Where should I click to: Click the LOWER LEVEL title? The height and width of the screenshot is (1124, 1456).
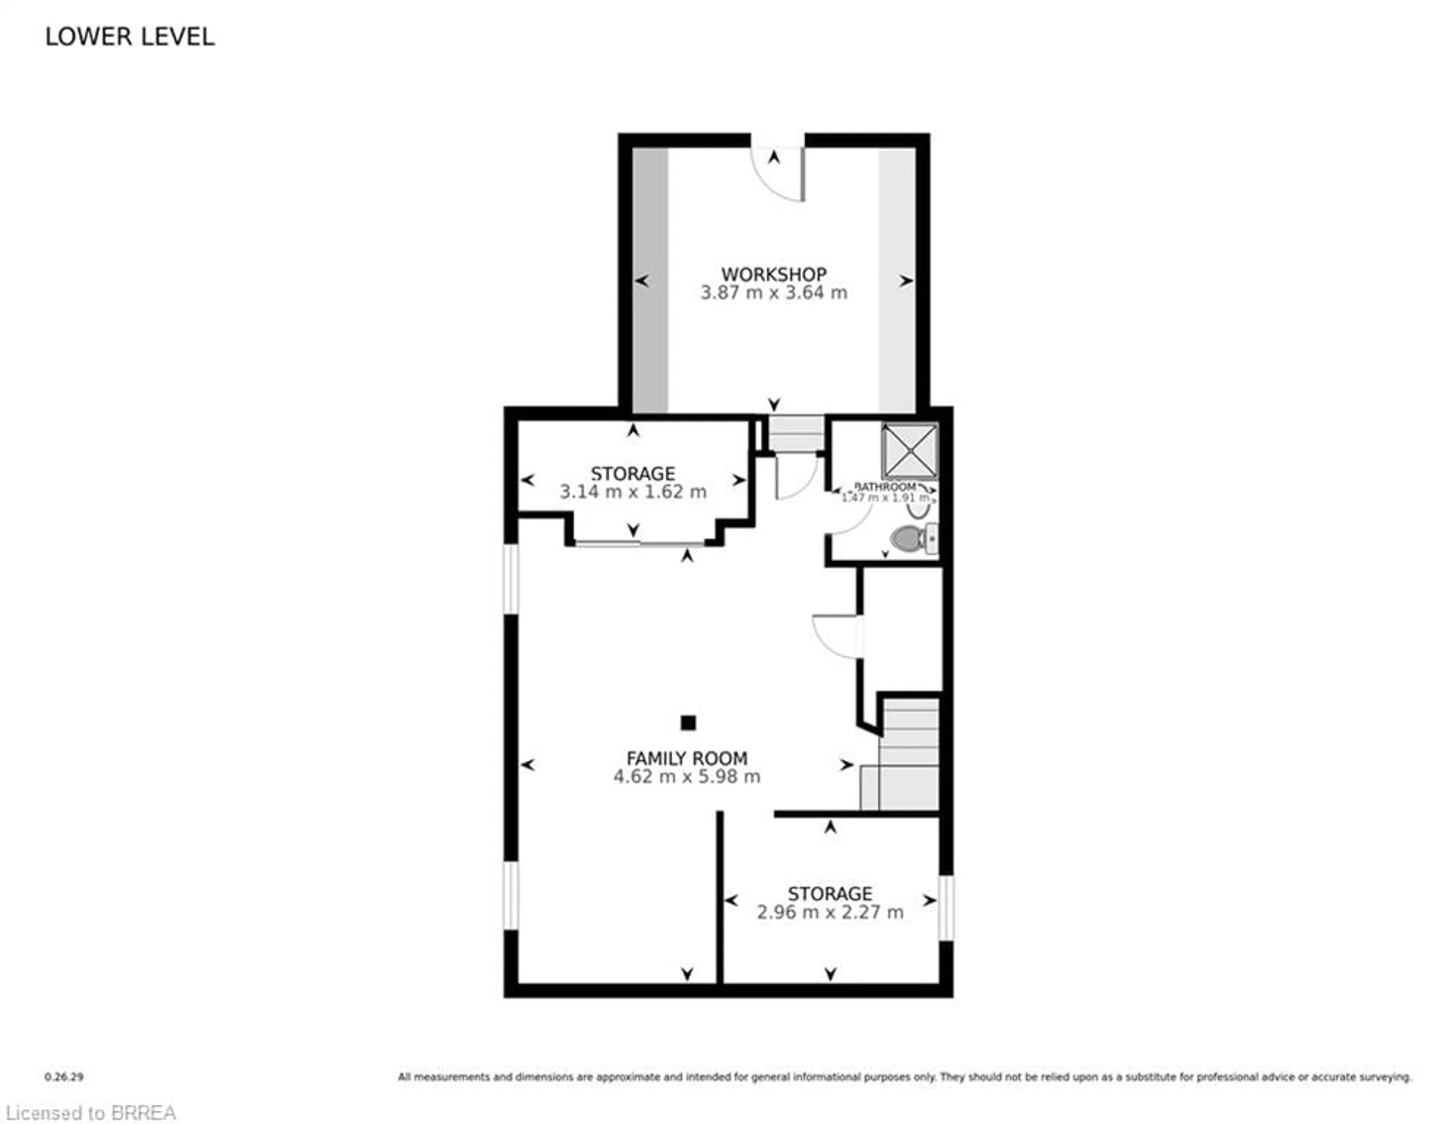coord(130,37)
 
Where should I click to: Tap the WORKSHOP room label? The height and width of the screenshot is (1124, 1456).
coord(773,274)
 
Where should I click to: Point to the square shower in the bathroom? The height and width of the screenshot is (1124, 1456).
coord(909,451)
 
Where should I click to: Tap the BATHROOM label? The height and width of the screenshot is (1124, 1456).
coord(885,487)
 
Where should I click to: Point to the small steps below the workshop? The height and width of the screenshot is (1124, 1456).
coord(797,434)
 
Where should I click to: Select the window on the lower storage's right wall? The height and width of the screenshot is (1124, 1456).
coord(946,907)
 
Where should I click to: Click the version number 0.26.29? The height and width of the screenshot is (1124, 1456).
coord(64,1077)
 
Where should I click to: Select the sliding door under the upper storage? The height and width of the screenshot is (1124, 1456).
coord(639,545)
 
